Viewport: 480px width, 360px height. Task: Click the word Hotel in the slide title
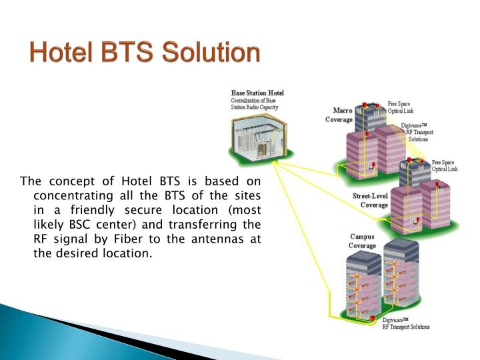tap(61, 53)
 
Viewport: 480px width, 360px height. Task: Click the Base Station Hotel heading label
tap(257, 93)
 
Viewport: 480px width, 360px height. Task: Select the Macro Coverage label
tap(339, 115)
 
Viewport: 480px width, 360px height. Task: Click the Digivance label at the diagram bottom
tap(405, 323)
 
